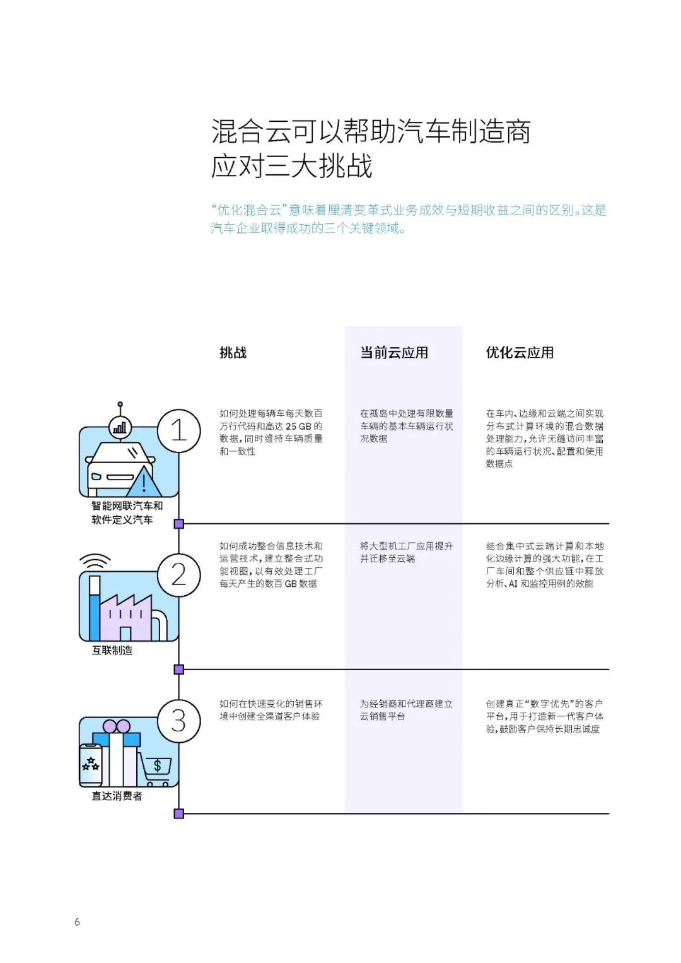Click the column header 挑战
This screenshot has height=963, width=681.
(x=233, y=353)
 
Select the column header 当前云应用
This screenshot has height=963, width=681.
(x=394, y=353)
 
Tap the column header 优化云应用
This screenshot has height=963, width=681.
(x=520, y=353)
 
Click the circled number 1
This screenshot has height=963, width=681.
(x=178, y=431)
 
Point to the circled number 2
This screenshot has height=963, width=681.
(x=178, y=575)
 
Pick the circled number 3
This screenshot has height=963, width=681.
(x=178, y=721)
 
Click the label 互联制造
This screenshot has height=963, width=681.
(x=112, y=651)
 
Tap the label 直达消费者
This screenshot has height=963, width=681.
(x=117, y=796)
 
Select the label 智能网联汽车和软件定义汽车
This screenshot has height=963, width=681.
(x=126, y=512)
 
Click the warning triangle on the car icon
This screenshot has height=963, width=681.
(x=144, y=483)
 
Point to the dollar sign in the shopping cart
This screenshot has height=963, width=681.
(x=158, y=766)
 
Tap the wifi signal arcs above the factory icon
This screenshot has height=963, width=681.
(x=95, y=561)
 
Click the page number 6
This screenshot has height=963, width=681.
(x=77, y=922)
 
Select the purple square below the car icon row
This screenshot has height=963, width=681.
(x=178, y=524)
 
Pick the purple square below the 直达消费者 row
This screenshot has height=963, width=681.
(x=178, y=814)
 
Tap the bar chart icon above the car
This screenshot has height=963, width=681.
(x=120, y=427)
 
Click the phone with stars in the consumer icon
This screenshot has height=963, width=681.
(x=90, y=765)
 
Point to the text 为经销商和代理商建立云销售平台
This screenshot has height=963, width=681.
(x=406, y=710)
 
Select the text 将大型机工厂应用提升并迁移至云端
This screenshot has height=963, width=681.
(x=406, y=552)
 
